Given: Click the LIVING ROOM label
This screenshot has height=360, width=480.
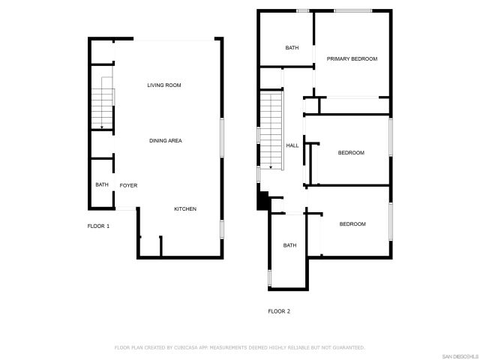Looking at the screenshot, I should coord(163,85).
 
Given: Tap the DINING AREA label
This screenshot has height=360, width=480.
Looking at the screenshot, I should coord(165,141).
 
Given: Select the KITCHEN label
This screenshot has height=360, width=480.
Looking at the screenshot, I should coord(185,209).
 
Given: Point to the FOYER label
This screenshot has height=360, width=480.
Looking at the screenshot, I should coord(128,185).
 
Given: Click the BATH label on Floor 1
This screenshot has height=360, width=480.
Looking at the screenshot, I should coord(101,185).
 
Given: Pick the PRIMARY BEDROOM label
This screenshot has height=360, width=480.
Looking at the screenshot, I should coord(352,58).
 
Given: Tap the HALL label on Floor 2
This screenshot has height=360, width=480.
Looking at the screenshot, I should coord(292,145).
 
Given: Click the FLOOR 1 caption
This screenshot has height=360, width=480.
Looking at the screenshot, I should coord(98,226).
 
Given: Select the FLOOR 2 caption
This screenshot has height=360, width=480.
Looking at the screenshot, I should coord(279,311).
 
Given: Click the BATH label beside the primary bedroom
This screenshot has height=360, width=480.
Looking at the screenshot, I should coord(292,48).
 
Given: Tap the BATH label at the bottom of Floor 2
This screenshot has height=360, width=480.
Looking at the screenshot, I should coord(289,245).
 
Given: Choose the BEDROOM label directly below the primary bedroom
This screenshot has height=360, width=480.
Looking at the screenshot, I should coord(351,153).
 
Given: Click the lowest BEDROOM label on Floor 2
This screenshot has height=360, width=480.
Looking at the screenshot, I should coord(352,224).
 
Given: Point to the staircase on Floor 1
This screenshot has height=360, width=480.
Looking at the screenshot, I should coord(101,105).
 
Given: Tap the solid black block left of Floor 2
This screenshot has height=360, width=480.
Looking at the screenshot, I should coord(262,200).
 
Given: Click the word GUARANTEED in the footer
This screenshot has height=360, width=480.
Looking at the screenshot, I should coord(349,348).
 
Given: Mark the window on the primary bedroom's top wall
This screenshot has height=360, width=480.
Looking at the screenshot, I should coord(352,10).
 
